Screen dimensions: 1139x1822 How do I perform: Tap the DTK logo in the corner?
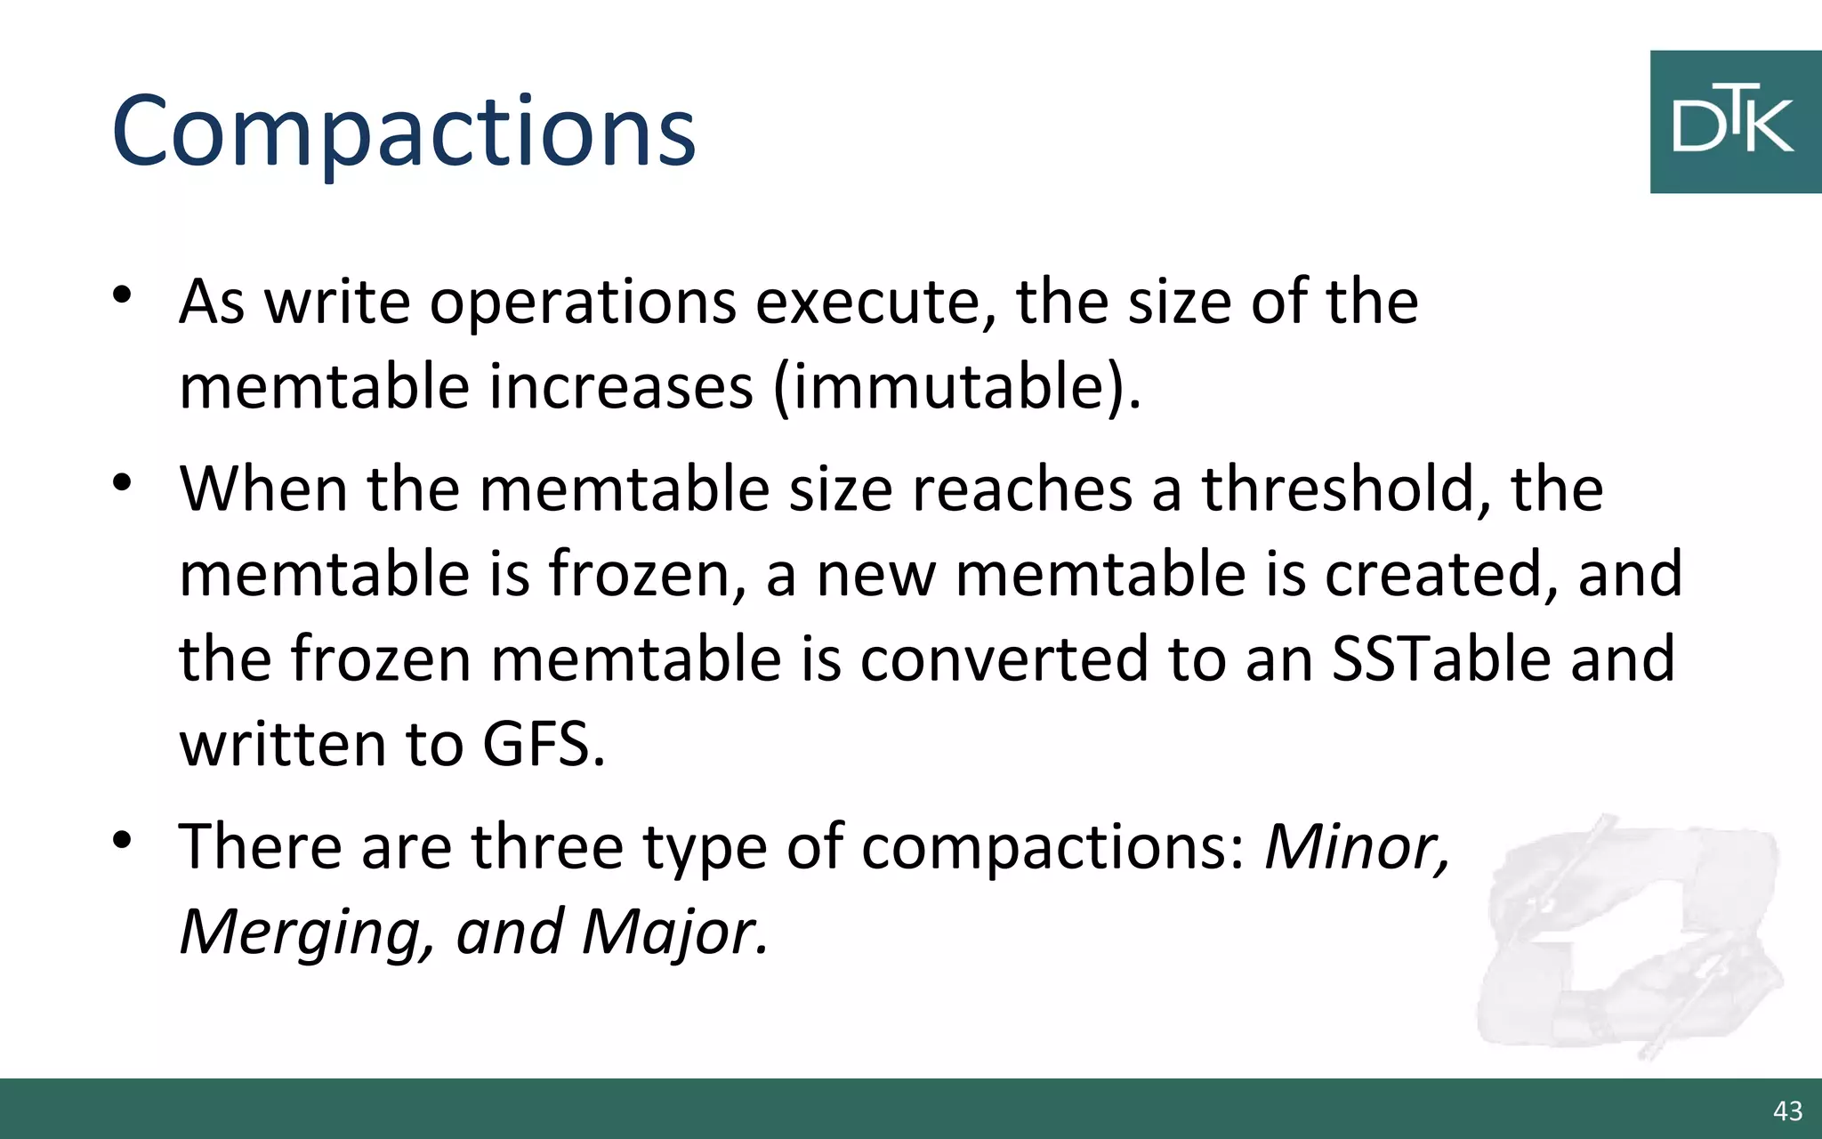click(x=1734, y=122)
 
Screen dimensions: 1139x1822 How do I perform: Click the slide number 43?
click(x=1787, y=1111)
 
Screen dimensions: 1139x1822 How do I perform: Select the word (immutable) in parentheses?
click(x=956, y=388)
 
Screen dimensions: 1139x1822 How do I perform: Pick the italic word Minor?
click(x=1357, y=846)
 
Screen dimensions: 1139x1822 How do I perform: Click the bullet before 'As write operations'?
click(x=122, y=295)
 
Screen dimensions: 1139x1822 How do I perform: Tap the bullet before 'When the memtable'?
click(x=122, y=482)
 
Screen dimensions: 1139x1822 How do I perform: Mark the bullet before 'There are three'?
click(x=122, y=839)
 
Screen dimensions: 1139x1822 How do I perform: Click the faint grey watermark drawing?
click(x=1628, y=934)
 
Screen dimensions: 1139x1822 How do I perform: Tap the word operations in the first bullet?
click(x=583, y=303)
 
